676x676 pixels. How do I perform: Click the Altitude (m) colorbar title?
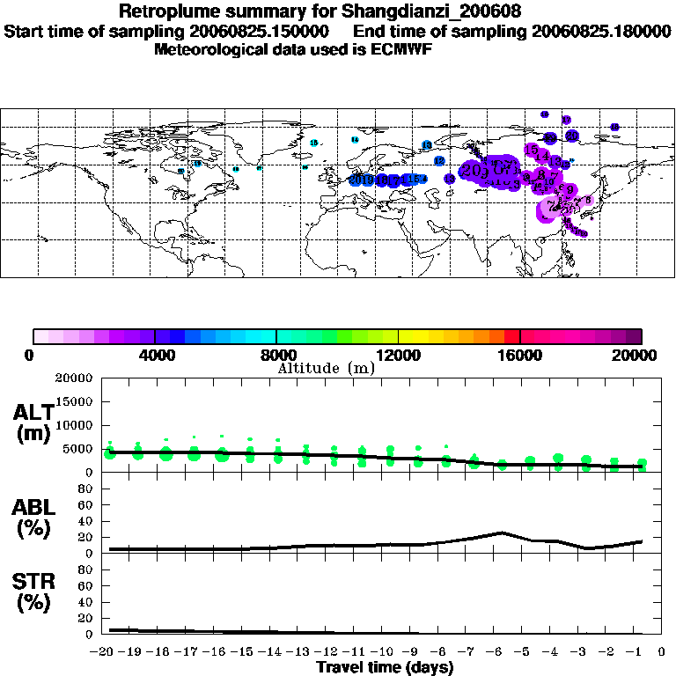326,367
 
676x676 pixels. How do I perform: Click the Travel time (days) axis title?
385,668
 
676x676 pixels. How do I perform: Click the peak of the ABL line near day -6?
501,532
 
